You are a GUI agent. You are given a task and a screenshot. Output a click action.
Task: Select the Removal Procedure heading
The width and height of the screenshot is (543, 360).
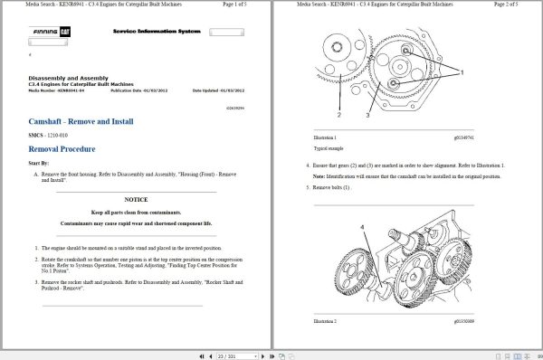coord(62,148)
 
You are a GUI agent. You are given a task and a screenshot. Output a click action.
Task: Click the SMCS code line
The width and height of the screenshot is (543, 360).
coord(52,135)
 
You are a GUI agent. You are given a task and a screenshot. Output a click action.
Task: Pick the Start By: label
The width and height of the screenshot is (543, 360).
coord(39,163)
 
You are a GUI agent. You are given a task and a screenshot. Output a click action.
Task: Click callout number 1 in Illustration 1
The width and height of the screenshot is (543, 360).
coord(462,71)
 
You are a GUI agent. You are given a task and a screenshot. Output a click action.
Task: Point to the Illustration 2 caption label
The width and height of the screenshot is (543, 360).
coord(324,321)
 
